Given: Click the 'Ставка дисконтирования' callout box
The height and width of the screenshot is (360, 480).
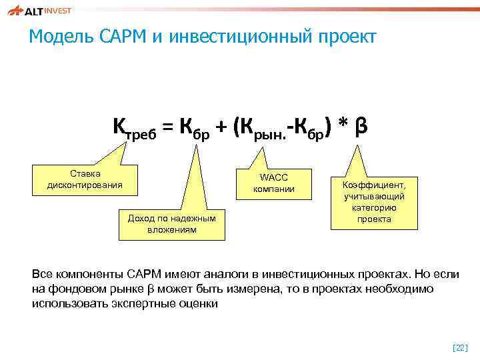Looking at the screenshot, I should pos(85,179).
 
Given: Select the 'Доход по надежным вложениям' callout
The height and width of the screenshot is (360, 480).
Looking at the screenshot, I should pos(171,224).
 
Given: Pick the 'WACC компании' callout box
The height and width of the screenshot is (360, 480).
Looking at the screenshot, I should pos(273,183).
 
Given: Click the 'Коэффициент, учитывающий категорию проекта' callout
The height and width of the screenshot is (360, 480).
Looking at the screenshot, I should pos(373,201).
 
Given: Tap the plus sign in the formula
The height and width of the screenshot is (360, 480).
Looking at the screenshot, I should pos(222,127).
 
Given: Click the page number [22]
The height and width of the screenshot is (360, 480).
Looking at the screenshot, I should pos(460,347).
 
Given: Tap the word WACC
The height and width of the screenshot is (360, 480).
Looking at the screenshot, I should pos(273,177).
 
